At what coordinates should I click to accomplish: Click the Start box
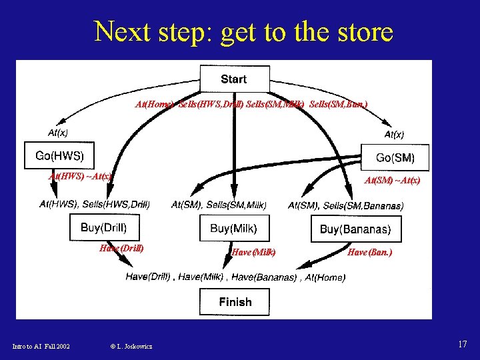point(233,79)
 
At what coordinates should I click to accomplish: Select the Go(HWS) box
point(59,157)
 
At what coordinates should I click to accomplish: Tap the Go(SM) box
point(395,158)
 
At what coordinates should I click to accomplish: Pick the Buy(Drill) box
point(103,228)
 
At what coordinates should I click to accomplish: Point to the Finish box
point(235,302)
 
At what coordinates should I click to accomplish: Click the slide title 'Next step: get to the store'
point(243,31)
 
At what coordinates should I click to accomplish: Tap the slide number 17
point(462,344)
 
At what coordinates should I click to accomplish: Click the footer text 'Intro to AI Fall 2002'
point(41,346)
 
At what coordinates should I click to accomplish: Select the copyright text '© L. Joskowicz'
point(131,346)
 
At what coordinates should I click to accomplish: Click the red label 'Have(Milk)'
point(253,252)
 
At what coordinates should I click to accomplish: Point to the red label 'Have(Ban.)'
point(370,252)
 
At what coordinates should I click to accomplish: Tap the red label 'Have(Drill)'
point(121,248)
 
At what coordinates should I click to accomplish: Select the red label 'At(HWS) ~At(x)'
point(80,177)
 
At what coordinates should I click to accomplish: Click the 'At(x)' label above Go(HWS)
point(57,133)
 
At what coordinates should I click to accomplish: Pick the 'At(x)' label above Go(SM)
point(394,134)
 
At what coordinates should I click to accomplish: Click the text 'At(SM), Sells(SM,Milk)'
point(219,205)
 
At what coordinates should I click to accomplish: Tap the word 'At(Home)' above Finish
point(325,277)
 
